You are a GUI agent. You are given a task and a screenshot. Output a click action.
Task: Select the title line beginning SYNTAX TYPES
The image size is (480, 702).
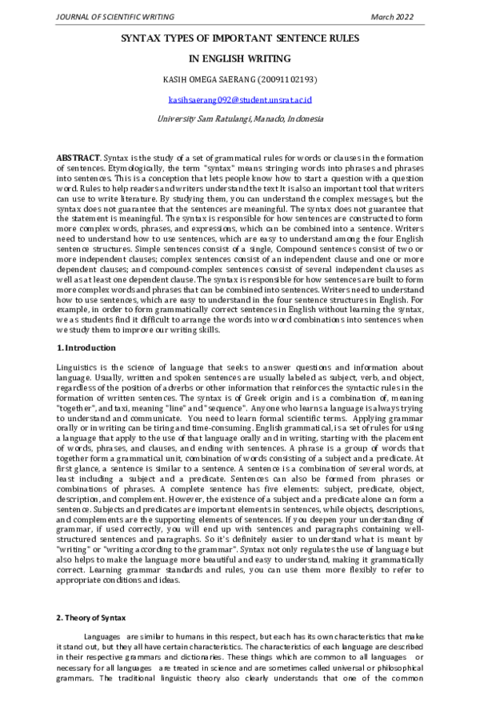(239, 38)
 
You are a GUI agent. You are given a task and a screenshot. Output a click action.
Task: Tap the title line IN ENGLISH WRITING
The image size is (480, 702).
(239, 58)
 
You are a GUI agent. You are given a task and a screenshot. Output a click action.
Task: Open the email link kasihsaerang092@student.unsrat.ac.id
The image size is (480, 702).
(239, 99)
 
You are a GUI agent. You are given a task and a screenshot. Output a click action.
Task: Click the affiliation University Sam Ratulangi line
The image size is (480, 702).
(239, 118)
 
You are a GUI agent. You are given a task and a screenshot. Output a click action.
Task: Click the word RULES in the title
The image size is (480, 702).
(342, 38)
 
